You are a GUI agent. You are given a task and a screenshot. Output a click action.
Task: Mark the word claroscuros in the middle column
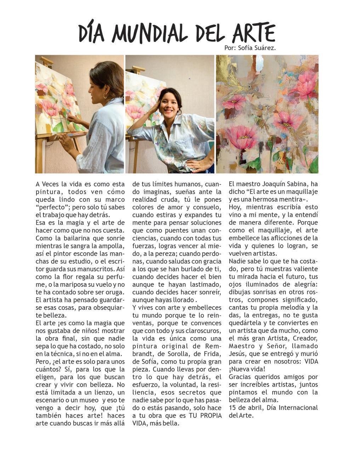point(203,331)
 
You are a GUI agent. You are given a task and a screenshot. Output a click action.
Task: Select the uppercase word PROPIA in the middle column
point(207,415)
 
